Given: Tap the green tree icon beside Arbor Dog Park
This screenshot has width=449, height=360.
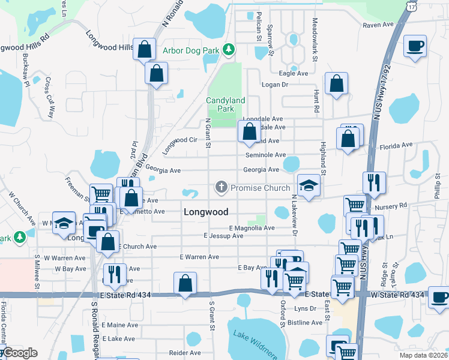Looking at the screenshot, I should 228,49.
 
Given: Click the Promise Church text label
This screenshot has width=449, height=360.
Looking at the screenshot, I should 260,188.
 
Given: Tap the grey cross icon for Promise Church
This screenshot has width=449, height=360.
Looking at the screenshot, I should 221,188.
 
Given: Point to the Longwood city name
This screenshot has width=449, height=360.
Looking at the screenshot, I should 206,212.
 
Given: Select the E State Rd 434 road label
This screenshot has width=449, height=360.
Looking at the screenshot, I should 125,295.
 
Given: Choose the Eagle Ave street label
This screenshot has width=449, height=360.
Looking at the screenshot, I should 294,73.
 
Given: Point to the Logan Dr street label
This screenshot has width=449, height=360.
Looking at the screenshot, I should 276,85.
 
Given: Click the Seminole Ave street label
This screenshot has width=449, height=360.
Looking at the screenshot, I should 265,155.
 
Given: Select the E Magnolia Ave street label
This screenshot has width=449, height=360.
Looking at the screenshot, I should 252,228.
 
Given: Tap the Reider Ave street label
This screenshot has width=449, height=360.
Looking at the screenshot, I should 185,353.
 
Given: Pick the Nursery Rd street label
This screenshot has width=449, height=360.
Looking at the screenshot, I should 391,205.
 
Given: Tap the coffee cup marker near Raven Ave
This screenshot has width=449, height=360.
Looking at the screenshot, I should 415,46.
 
